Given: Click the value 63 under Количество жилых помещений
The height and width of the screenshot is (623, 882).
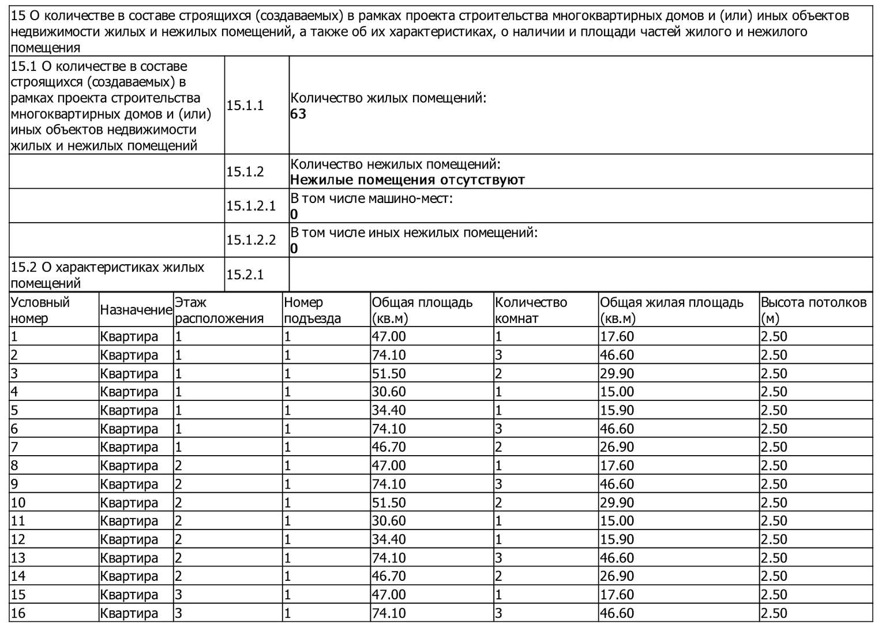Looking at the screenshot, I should [x=298, y=114].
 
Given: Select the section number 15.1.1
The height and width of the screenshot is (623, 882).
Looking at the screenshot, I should [x=245, y=105].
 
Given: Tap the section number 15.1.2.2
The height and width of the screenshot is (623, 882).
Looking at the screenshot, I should [x=251, y=240].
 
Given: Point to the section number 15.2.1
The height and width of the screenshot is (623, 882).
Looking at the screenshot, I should [x=245, y=275].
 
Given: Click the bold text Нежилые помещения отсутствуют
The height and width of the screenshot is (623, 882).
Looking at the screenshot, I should [x=407, y=180].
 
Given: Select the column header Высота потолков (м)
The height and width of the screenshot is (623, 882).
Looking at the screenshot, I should [x=813, y=310].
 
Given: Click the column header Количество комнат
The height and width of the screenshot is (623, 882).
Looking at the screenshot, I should [x=531, y=310].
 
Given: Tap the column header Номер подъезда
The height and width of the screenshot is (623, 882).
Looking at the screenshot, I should [x=312, y=310].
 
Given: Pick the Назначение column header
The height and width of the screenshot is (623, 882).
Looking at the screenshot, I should [x=136, y=310].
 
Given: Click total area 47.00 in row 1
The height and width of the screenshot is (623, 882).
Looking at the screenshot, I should [x=389, y=336].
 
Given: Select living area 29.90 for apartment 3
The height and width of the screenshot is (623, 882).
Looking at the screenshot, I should [x=617, y=373].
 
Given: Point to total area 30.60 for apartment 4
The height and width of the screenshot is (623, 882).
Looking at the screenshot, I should [x=389, y=392].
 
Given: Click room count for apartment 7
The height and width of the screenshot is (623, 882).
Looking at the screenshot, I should [x=499, y=447].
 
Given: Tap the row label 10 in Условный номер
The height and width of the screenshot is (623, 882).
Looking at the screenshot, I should [x=18, y=502].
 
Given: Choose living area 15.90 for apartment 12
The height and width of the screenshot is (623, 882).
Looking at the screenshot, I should [x=617, y=539].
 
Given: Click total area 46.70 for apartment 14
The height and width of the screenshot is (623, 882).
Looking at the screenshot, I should [x=389, y=576].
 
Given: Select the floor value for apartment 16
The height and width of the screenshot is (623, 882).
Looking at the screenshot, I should [x=179, y=613].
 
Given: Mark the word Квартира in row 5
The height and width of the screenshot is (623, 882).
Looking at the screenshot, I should [x=129, y=410].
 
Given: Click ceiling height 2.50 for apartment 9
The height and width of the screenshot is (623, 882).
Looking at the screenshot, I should [x=774, y=484].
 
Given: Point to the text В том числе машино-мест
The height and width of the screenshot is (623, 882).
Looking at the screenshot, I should [x=371, y=199].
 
